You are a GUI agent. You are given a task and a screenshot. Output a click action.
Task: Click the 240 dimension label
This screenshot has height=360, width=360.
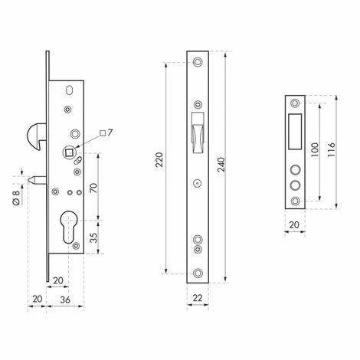point(221,165)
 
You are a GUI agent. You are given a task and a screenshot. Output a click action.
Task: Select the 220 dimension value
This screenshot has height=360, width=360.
point(159,159)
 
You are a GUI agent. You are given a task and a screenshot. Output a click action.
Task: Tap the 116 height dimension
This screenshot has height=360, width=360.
point(331,149)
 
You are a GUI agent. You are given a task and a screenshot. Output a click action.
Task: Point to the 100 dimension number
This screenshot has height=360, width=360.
point(316,149)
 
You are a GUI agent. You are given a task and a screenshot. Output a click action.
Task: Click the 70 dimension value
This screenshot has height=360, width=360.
point(94,188)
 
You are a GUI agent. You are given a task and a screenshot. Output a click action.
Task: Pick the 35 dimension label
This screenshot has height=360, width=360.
point(94,237)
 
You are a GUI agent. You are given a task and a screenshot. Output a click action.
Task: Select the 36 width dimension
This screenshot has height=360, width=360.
point(65,299)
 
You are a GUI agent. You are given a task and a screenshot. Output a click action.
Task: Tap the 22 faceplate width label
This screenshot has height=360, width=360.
point(198,298)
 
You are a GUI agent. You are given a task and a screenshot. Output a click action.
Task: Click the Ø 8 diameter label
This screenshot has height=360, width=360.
point(16,198)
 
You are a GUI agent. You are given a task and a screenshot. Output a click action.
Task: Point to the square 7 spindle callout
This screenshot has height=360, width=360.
point(106,133)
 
